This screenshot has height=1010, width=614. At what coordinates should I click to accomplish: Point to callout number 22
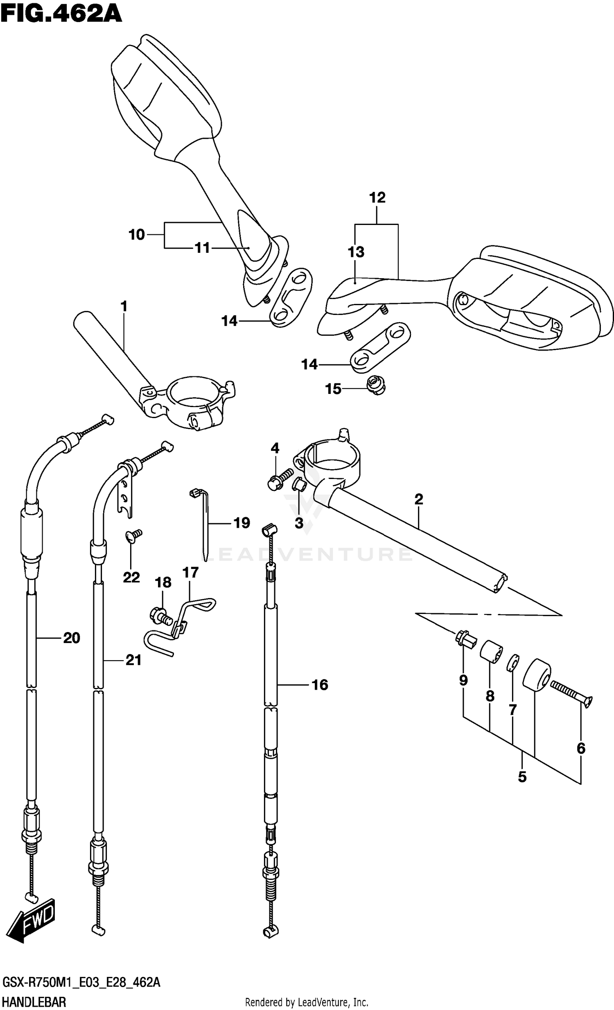(x=131, y=577)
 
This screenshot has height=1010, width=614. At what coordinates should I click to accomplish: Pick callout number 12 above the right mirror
(x=377, y=198)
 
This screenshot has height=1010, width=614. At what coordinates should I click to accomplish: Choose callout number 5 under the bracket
(x=522, y=776)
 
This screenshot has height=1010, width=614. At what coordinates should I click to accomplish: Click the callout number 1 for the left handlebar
(x=124, y=306)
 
